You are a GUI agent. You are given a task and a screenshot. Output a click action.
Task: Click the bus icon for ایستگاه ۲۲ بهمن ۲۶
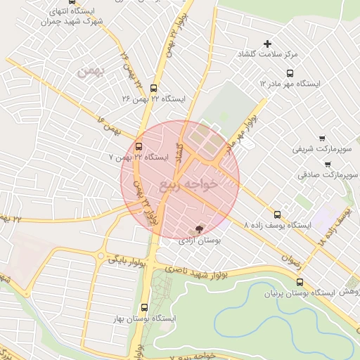tap(154, 86)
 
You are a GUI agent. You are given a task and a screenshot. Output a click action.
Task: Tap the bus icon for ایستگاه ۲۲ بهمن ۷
tap(139, 147)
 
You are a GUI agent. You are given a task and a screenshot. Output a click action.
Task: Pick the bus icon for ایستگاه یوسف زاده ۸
tap(277, 214)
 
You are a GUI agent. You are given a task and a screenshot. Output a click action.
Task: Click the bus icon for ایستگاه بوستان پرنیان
tap(300, 282)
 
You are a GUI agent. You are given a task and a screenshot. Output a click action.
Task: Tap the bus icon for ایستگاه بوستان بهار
tap(144, 307)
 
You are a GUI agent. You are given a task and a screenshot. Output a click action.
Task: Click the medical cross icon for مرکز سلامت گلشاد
tap(267, 44)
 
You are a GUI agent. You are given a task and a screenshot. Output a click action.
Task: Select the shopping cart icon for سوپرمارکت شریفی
tap(322, 138)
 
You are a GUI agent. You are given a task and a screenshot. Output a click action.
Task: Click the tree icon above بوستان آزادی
tap(198, 229)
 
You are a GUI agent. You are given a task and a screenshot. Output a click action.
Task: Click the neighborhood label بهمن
tap(91, 70)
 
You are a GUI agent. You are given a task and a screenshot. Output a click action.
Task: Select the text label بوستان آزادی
tap(198, 240)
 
